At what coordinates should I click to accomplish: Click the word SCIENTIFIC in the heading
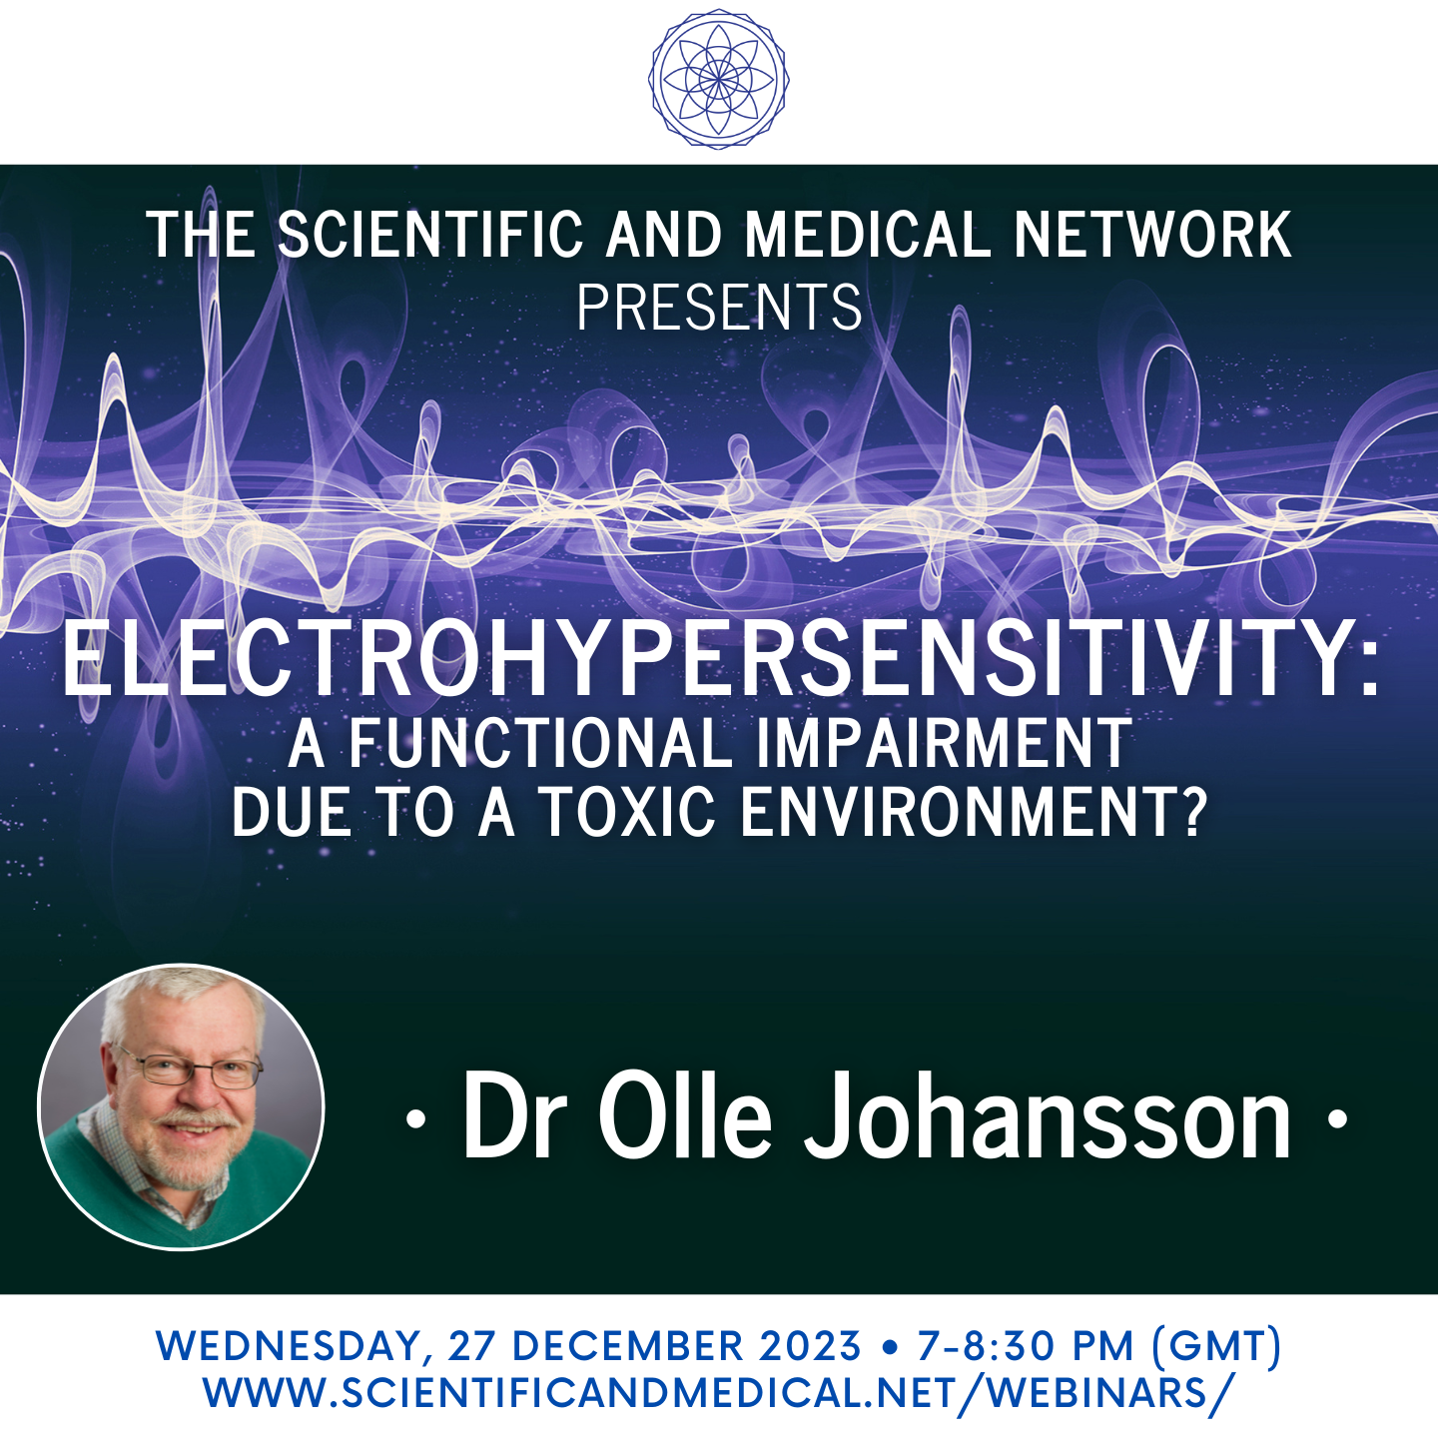[x=430, y=236]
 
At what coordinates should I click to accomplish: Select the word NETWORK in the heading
[x=1152, y=236]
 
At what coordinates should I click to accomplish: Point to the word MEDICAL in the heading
[x=868, y=236]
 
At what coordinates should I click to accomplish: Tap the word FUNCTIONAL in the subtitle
[x=540, y=743]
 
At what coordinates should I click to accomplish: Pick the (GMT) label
[x=1216, y=1346]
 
